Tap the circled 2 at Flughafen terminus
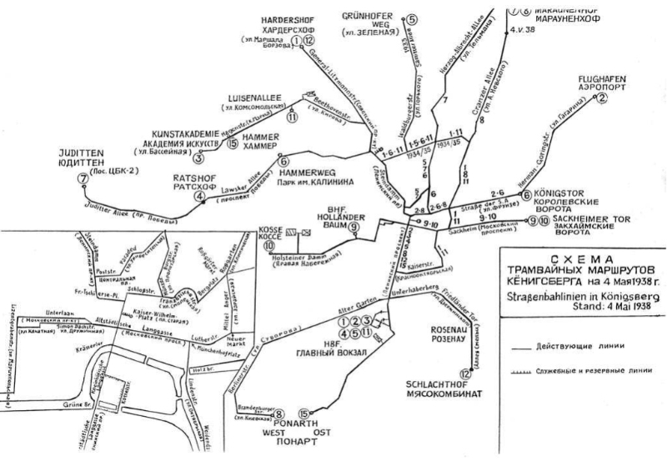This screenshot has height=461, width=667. click(x=599, y=98)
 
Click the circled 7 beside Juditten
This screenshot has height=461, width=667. click(x=81, y=178)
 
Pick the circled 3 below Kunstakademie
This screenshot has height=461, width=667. click(x=198, y=158)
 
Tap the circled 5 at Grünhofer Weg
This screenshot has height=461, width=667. click(x=412, y=19)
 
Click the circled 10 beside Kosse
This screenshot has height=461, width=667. click(x=269, y=246)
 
